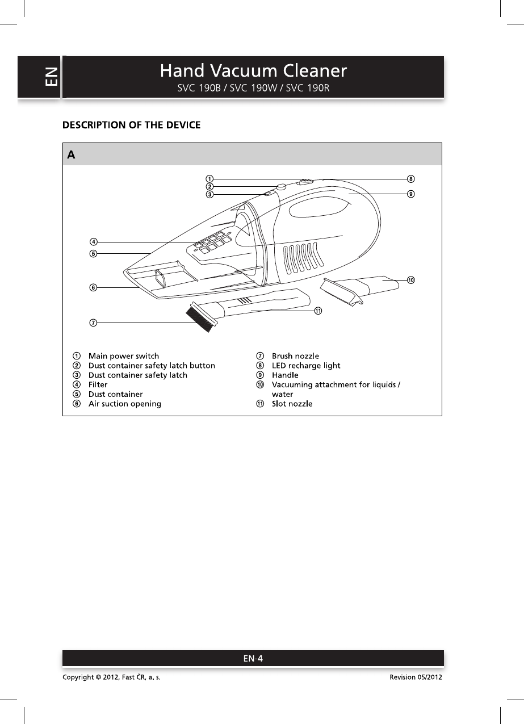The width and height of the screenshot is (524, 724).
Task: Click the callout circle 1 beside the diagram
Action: pos(209,178)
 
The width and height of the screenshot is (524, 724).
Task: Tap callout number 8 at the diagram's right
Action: pos(410,179)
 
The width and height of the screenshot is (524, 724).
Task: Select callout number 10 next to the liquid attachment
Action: pos(410,280)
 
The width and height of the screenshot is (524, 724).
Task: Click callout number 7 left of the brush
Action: pos(93,323)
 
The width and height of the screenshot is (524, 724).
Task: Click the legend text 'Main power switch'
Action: pos(123,356)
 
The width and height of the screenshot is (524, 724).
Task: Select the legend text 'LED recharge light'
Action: pos(306,366)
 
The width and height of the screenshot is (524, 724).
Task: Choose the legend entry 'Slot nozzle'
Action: pos(292,404)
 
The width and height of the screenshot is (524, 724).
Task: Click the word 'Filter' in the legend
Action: pos(98,384)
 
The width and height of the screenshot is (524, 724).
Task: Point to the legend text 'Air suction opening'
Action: pos(124,404)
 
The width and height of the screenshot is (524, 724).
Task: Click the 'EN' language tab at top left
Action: pos(51,77)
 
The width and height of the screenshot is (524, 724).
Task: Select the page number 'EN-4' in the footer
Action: pos(253,659)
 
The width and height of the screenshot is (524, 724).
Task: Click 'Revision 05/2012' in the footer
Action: pos(416,678)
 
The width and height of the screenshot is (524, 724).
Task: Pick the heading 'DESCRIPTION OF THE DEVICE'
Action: pos(131,125)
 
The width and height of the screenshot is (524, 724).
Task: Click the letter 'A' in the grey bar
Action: pos(72,155)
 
